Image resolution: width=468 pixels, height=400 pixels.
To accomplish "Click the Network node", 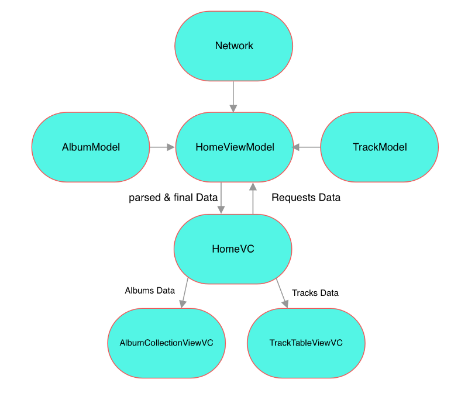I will (234, 46).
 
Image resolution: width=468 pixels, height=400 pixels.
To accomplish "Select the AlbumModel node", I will (91, 147).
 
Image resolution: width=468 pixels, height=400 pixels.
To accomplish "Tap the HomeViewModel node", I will (234, 147).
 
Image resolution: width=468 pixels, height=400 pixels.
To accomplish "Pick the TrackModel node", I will (379, 147).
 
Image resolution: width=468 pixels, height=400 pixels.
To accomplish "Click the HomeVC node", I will (233, 249).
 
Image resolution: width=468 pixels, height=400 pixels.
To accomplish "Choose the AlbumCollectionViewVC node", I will (166, 343).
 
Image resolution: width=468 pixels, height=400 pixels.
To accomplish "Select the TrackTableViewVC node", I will (306, 343).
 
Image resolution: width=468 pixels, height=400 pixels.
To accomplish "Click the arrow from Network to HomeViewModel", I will (233, 96).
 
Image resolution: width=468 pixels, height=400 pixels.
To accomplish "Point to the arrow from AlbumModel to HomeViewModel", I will (163, 147).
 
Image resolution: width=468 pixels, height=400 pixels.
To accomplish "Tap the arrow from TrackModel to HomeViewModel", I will (307, 147).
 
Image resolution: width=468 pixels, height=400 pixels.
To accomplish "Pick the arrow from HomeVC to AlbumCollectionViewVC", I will (185, 292).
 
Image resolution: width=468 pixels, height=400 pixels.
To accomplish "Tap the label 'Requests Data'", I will (306, 198).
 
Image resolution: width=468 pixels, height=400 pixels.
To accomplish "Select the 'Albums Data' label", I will (150, 290).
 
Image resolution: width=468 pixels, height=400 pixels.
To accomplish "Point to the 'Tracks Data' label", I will (315, 292).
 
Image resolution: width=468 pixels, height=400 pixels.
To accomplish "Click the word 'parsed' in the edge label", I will (143, 198).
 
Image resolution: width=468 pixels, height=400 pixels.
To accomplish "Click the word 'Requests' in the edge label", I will (291, 198).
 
